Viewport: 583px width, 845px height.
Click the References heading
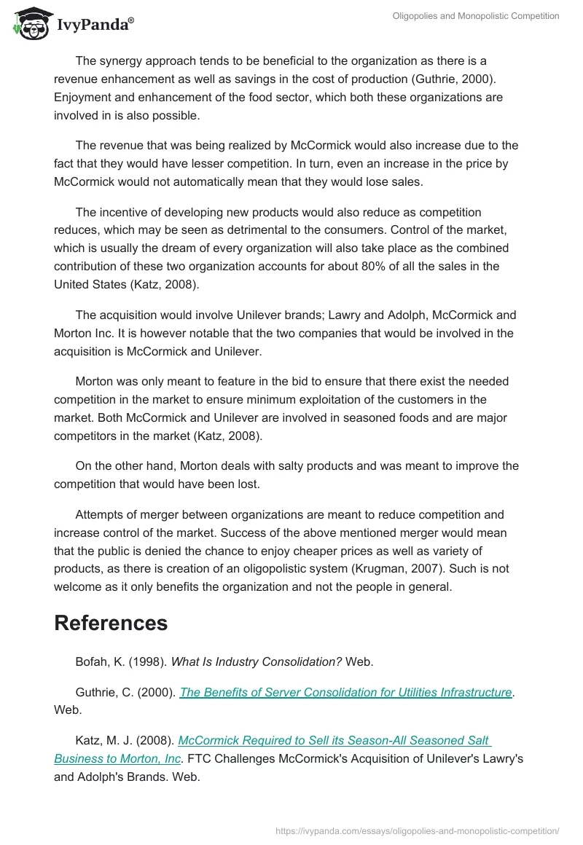pyautogui.click(x=111, y=623)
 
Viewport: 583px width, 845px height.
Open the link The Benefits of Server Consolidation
pyautogui.click(x=345, y=692)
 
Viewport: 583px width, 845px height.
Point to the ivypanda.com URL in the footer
pyautogui.click(x=418, y=830)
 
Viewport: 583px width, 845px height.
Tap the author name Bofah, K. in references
pyautogui.click(x=101, y=661)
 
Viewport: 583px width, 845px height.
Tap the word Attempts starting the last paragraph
pyautogui.click(x=99, y=514)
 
